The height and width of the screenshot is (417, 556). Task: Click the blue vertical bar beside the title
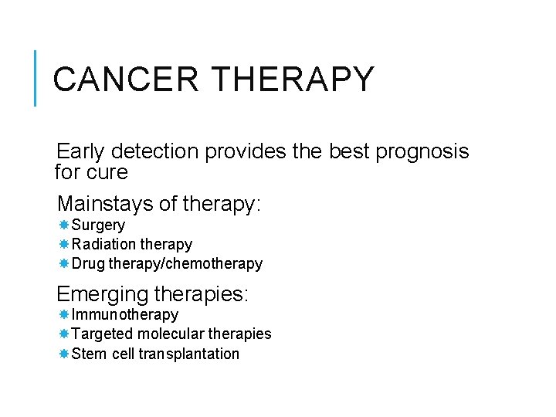coord(36,78)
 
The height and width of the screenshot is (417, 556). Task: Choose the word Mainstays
coord(105,204)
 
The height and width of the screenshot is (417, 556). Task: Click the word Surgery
coord(98,225)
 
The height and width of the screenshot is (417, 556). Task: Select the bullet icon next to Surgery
coord(64,225)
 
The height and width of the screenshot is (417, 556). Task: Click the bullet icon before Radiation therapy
coord(64,244)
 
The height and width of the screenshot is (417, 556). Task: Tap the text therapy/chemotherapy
coord(185,263)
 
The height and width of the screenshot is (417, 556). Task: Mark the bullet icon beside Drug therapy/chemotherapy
coord(64,263)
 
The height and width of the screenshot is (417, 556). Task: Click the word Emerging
coord(103,294)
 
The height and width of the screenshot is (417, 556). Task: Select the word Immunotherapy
coord(124,314)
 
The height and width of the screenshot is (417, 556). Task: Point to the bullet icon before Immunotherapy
coord(64,314)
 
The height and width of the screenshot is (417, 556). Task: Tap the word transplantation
coord(189,354)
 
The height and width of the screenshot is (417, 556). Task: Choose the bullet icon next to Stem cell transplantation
coord(64,354)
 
